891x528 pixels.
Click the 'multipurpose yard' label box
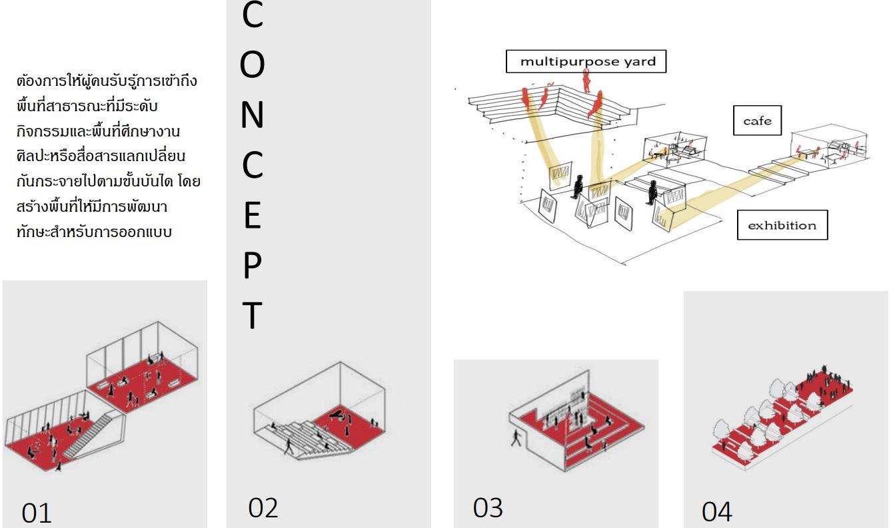pyautogui.click(x=586, y=62)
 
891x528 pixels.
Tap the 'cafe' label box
pyautogui.click(x=757, y=121)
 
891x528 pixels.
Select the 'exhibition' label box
pyautogui.click(x=782, y=225)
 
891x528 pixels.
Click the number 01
pyautogui.click(x=37, y=513)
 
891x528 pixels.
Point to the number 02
pyautogui.click(x=263, y=507)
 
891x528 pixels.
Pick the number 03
pyautogui.click(x=488, y=507)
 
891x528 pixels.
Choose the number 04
pyautogui.click(x=716, y=512)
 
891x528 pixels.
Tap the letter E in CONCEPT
pyautogui.click(x=251, y=216)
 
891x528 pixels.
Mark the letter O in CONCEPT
pyautogui.click(x=252, y=65)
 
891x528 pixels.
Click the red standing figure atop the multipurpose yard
pyautogui.click(x=587, y=81)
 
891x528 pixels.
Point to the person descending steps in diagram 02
pyautogui.click(x=289, y=445)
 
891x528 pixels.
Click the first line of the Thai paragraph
pyautogui.click(x=107, y=82)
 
